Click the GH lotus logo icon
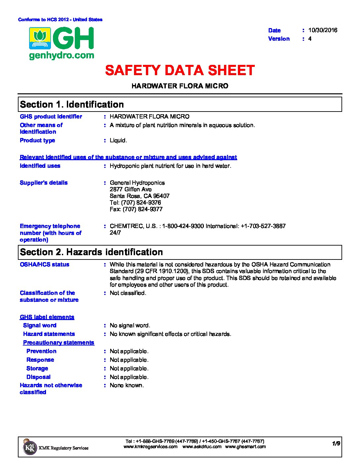coord(40,38)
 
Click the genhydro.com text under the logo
coord(62,55)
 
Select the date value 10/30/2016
coord(323,30)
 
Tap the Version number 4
coord(310,39)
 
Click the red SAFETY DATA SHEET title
coord(180,70)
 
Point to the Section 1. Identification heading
coord(72,105)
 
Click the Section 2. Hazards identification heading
coord(91,252)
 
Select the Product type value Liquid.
coord(118,140)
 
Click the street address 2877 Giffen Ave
coord(131,189)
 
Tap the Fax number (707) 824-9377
coord(136,209)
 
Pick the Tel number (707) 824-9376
coord(135,203)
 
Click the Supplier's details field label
coord(44,183)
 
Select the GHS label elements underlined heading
coord(47,317)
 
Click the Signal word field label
coord(40,325)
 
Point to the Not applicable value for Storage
coord(129,368)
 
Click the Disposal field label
coord(38,377)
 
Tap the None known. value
coord(127,385)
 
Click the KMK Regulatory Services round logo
coord(30,447)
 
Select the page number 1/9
coord(336,443)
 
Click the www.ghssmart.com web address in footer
coord(245,446)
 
